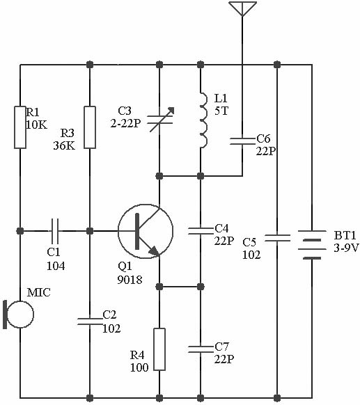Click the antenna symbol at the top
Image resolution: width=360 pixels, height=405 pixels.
tap(242, 8)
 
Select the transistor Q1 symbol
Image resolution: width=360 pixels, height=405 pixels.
tap(146, 231)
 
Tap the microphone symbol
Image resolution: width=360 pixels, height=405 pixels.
tap(19, 314)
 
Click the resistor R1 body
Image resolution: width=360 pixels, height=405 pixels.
tap(20, 127)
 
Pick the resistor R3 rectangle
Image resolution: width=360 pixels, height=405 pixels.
tap(90, 127)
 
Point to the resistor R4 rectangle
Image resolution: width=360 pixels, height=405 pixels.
tap(159, 349)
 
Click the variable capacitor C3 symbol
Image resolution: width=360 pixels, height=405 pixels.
tap(160, 120)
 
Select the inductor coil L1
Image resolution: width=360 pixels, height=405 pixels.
tap(203, 120)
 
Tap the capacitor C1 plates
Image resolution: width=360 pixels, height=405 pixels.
tap(55, 231)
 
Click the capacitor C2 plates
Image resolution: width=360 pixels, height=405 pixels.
tap(90, 321)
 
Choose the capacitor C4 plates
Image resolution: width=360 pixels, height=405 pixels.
tap(201, 231)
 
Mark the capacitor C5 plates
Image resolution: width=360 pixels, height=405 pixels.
tap(277, 238)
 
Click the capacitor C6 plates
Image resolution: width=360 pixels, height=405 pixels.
tap(242, 141)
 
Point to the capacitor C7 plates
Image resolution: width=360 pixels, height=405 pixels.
tap(201, 349)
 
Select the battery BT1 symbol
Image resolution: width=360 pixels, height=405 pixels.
tap(312, 245)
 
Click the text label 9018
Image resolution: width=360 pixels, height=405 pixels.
tap(130, 280)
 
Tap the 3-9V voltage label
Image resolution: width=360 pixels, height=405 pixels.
tap(346, 248)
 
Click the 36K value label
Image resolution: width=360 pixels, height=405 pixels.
tap(64, 146)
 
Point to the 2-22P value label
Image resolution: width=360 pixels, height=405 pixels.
tap(125, 124)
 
